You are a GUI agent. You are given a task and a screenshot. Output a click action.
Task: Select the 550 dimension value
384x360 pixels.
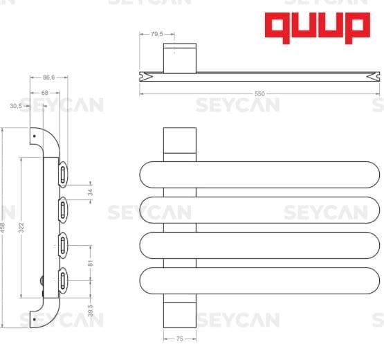pos(259,93)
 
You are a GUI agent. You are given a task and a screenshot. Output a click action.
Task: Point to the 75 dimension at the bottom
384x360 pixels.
pos(180,339)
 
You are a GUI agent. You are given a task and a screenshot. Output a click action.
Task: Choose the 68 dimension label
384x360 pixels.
pos(45,92)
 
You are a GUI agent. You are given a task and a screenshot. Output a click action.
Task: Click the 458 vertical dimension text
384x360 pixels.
pos(3,226)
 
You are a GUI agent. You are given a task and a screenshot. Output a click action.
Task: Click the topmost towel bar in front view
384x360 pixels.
pos(260,174)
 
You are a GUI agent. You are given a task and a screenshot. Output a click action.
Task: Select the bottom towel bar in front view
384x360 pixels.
pos(260,280)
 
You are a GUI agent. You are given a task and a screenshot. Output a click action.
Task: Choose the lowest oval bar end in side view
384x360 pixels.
pos(63,280)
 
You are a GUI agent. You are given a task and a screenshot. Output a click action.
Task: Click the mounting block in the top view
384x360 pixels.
pos(179,57)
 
